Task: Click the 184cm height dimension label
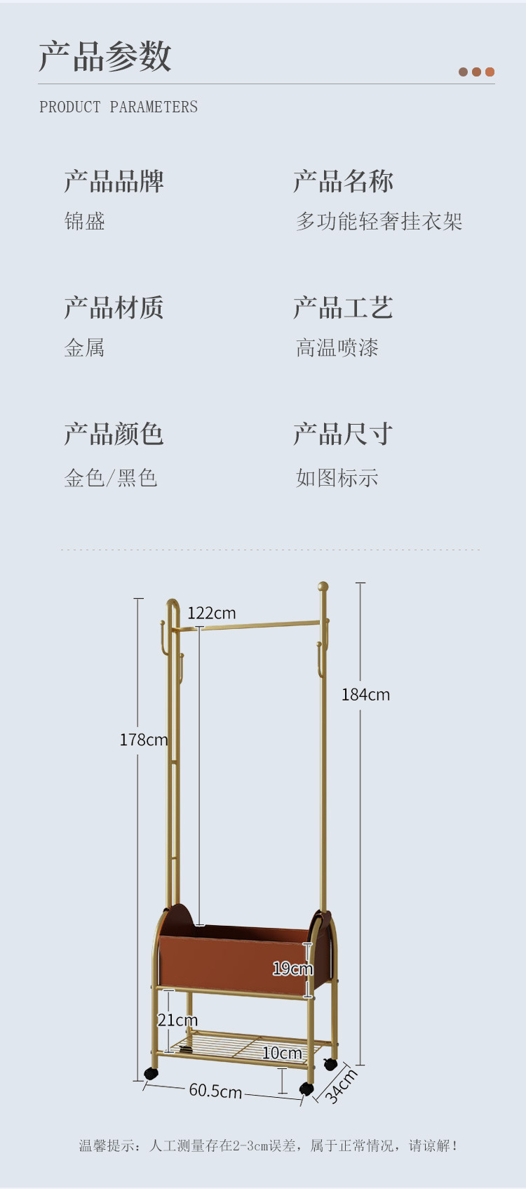tap(365, 695)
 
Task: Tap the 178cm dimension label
tap(143, 740)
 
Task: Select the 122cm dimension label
tap(211, 613)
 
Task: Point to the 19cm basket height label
tap(292, 969)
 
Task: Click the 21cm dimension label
tap(177, 1020)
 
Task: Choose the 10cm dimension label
tap(282, 1053)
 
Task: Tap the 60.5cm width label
tap(215, 1091)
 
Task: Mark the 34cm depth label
tap(342, 1086)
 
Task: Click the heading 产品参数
tap(105, 56)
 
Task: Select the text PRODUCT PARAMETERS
tap(119, 107)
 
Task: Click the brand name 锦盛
tap(85, 222)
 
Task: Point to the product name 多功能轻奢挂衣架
tap(379, 222)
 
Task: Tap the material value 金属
tap(85, 348)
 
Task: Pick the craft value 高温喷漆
tap(337, 348)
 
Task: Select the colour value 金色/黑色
tap(111, 478)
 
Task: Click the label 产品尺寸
tap(343, 434)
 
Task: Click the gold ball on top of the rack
tap(323, 586)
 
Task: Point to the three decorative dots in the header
tap(476, 72)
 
